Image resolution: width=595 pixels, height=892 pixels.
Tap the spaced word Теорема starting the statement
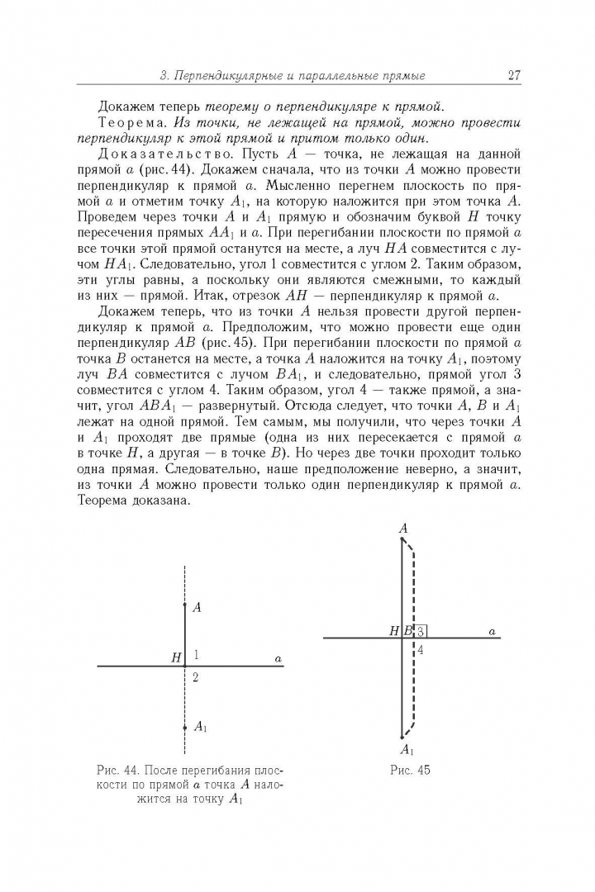pos(126,122)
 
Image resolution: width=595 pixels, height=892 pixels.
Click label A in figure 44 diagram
pos(197,607)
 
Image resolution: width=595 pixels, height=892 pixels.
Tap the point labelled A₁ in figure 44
pos(199,727)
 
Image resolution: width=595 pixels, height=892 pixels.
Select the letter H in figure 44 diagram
pos(175,658)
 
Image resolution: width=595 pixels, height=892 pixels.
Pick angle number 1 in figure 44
pos(196,655)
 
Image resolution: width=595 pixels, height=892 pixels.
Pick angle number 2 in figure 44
pos(196,677)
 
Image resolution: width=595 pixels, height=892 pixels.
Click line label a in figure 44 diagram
pos(278,658)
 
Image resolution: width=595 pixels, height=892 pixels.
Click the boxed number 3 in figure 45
pos(421,631)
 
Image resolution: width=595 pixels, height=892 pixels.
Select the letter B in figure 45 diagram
pos(407,631)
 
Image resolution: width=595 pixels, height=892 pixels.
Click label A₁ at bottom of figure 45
pos(406,750)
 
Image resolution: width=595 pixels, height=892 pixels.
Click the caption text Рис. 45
pos(411,771)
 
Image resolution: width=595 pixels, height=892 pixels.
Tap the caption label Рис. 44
pos(117,771)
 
